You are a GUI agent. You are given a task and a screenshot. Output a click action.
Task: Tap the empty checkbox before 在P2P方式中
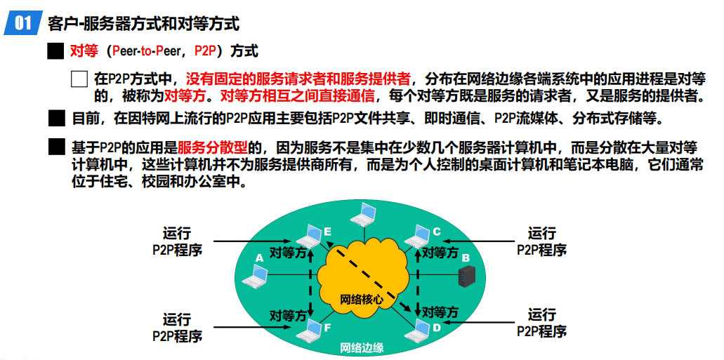[x=79, y=79]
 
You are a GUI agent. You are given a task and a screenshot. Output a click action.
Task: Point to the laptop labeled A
[x=254, y=277]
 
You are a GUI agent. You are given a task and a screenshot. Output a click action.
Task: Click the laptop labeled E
[x=309, y=236]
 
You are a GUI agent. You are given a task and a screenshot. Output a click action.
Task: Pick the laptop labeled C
[x=421, y=235]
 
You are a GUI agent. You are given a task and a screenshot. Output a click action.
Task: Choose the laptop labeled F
[x=309, y=328]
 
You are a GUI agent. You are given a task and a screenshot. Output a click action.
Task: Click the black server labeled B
[x=464, y=277]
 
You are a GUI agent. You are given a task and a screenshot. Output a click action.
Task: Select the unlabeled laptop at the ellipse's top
[x=365, y=212]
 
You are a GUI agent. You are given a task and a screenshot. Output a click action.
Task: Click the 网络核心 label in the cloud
[x=362, y=298]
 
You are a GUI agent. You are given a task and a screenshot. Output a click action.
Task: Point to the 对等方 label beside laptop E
[x=289, y=252]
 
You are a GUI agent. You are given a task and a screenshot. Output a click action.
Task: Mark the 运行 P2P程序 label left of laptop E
[x=177, y=241]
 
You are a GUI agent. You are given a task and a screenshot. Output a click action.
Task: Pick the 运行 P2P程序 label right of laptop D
[x=541, y=322]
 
